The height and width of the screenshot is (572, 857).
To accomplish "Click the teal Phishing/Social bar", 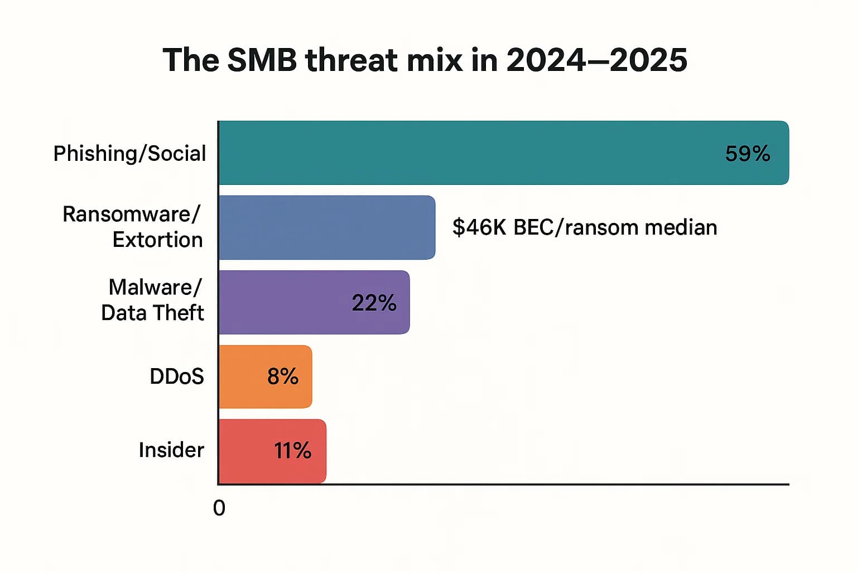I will pos(474,152).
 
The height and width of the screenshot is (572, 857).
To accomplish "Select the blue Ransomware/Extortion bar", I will pos(326,227).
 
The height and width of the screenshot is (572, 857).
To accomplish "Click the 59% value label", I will pos(747,154).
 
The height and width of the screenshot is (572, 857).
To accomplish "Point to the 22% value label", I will pos(374,303).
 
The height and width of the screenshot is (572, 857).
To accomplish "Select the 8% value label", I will pos(282,376).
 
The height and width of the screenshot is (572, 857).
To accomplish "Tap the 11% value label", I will pos(292,451).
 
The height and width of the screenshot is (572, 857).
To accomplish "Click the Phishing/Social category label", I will pos(129,154).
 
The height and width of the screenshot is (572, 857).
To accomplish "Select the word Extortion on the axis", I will pos(157,240).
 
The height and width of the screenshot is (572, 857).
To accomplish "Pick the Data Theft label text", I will pos(152,313).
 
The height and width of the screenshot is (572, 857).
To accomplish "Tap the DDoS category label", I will pos(176,376).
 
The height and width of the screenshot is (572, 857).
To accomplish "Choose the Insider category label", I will pos(171,450).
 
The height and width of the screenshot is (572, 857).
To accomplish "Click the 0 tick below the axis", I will pos(219,508).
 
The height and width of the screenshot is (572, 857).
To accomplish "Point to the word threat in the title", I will pos(352,60).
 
